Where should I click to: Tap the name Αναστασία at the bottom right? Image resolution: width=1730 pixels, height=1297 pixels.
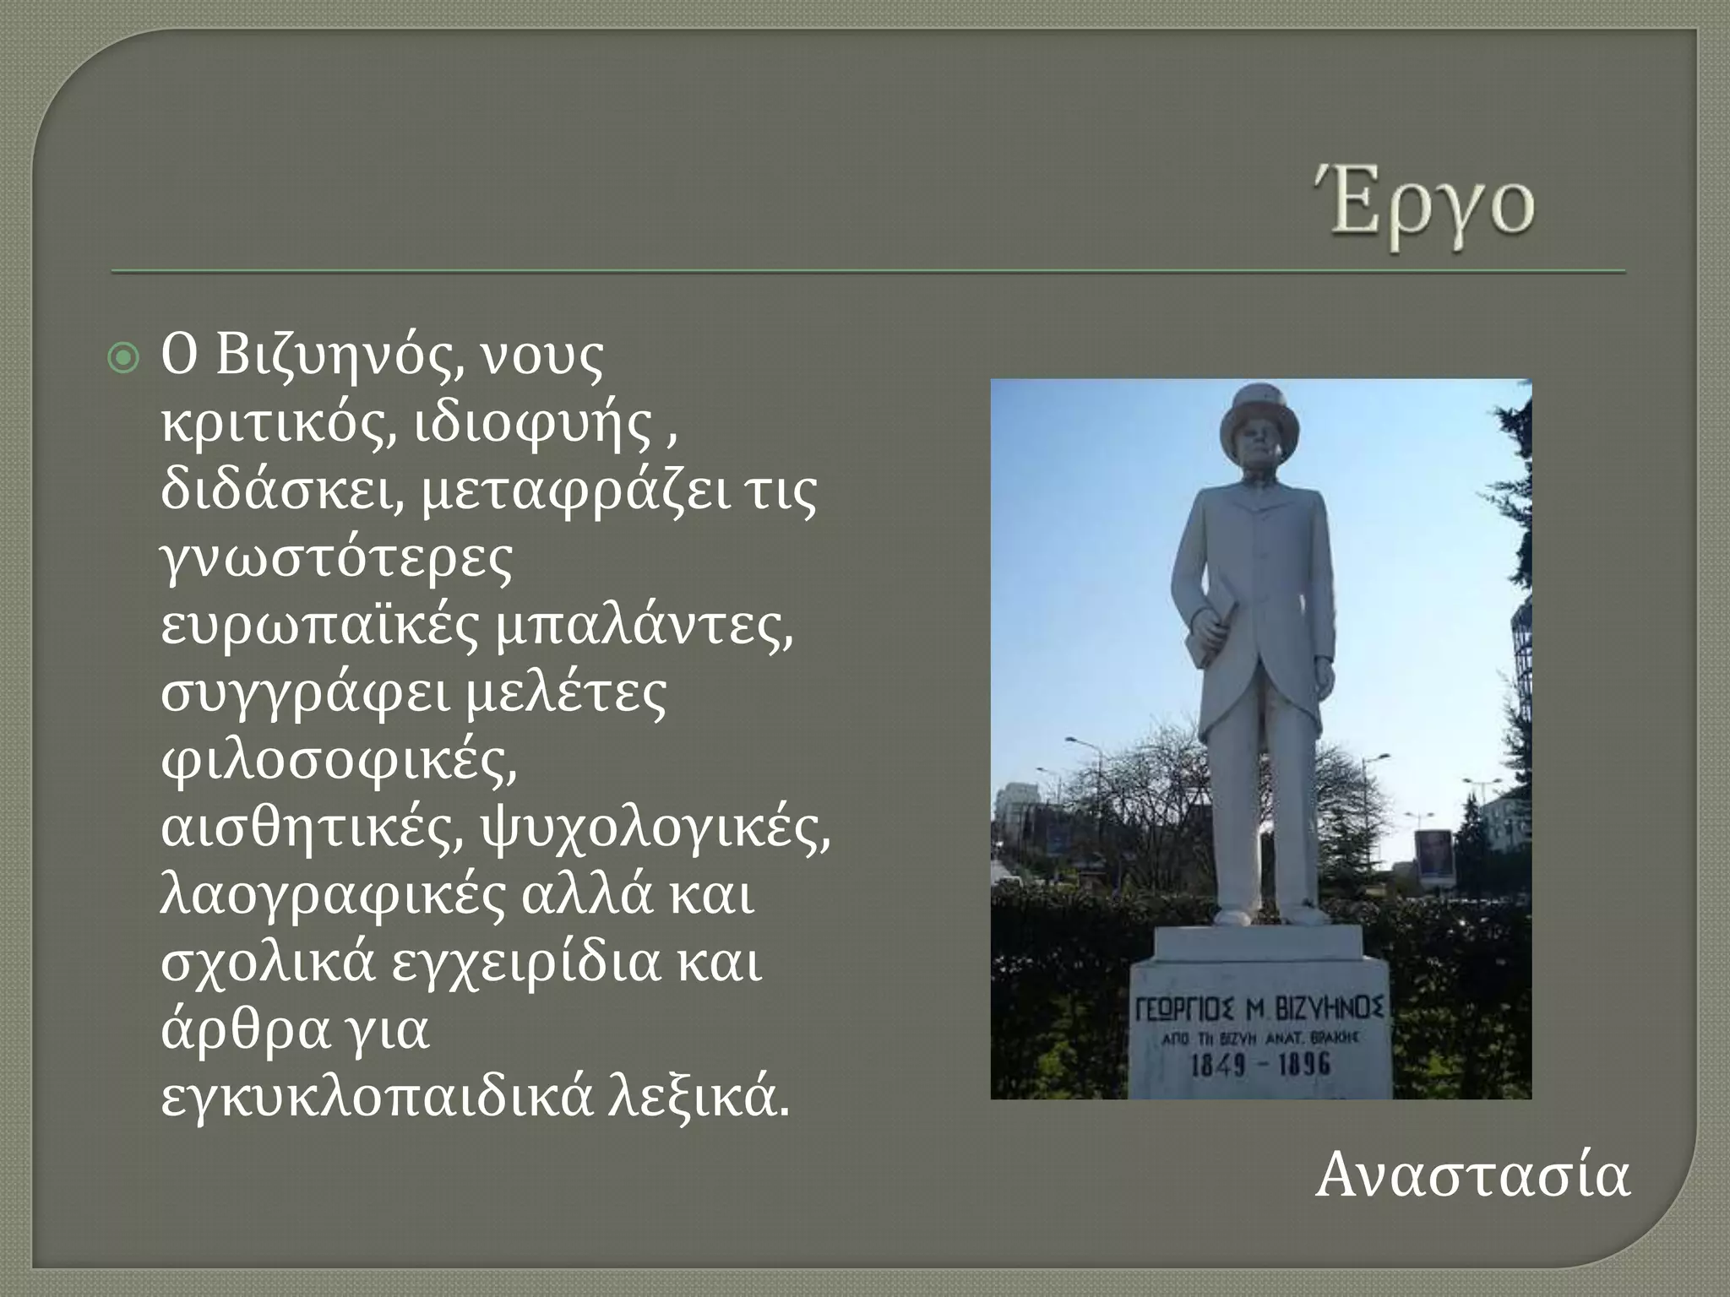1472,1175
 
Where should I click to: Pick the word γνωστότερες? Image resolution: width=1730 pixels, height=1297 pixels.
336,559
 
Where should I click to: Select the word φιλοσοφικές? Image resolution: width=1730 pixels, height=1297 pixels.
338,760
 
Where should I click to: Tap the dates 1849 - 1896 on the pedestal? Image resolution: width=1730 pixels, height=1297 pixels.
1260,1064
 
